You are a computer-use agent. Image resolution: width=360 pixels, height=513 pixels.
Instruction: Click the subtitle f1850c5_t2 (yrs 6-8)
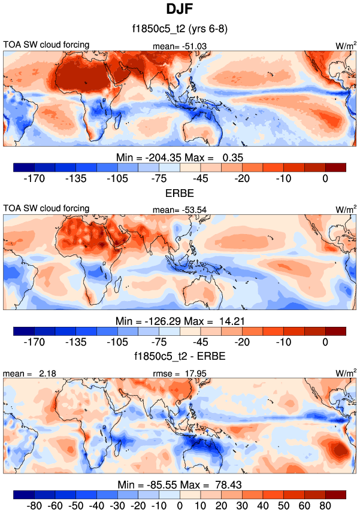180,28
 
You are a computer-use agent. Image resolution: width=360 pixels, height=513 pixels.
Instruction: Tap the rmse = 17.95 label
180,374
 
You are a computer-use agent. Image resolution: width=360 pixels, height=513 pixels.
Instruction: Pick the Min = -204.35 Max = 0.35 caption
180,157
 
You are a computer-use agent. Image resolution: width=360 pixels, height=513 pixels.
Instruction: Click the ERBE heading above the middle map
180,194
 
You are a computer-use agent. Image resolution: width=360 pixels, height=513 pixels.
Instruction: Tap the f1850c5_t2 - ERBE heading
180,357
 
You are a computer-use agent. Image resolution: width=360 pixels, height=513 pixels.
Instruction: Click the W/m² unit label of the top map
346,45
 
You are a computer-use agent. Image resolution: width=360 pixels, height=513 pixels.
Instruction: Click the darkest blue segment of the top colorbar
24,167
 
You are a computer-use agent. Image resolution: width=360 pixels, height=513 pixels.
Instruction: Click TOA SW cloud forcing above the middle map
46,208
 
